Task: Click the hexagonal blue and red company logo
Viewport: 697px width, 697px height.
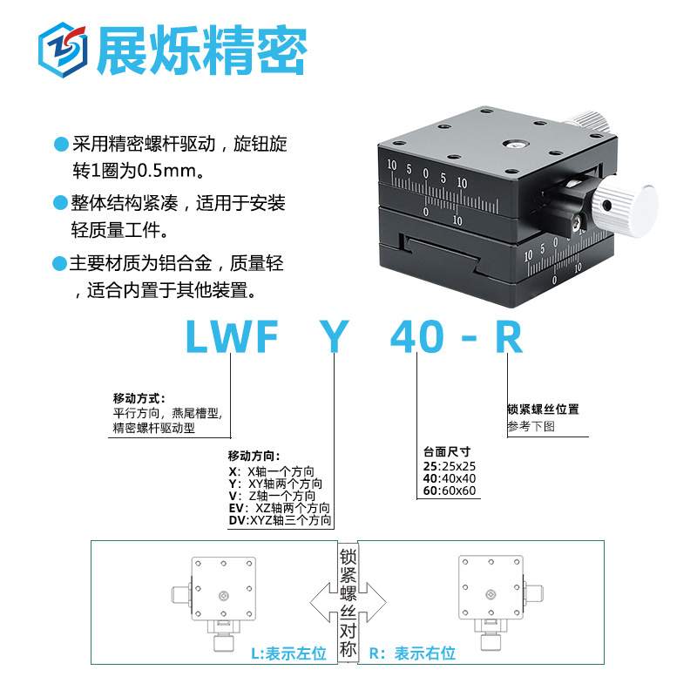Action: tap(64, 50)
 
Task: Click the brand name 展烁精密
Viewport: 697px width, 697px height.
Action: tap(202, 51)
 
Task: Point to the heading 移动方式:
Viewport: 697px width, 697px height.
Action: tap(139, 397)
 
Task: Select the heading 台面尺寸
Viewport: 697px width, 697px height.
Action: tap(447, 451)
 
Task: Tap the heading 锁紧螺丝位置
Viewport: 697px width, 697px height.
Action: tap(543, 409)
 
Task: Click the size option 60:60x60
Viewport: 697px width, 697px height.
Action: tap(450, 491)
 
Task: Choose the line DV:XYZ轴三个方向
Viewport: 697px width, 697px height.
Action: tap(280, 521)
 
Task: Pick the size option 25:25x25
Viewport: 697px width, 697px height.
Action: tap(450, 465)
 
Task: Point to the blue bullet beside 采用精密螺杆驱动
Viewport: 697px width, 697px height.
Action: tap(60, 143)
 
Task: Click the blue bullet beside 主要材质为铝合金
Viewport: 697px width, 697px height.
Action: tap(60, 262)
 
